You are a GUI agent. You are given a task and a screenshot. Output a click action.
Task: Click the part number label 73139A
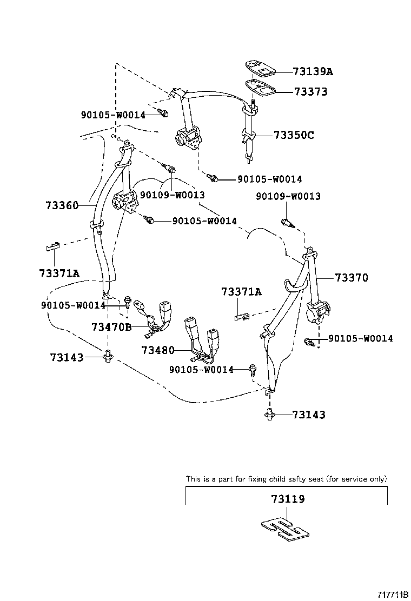click(x=313, y=71)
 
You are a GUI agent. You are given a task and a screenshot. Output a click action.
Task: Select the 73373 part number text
click(x=310, y=92)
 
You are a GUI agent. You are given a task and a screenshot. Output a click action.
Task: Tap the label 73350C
click(x=293, y=135)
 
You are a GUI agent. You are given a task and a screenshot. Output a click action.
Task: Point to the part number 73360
click(x=62, y=205)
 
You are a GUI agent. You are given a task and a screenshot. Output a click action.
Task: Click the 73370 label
click(x=351, y=278)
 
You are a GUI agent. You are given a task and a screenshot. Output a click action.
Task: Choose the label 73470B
click(x=111, y=327)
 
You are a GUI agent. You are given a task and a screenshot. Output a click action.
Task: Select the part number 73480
click(x=158, y=350)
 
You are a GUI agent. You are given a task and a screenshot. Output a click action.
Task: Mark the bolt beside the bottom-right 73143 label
click(x=269, y=415)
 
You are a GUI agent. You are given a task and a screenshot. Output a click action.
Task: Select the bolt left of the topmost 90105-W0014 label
click(x=164, y=113)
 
